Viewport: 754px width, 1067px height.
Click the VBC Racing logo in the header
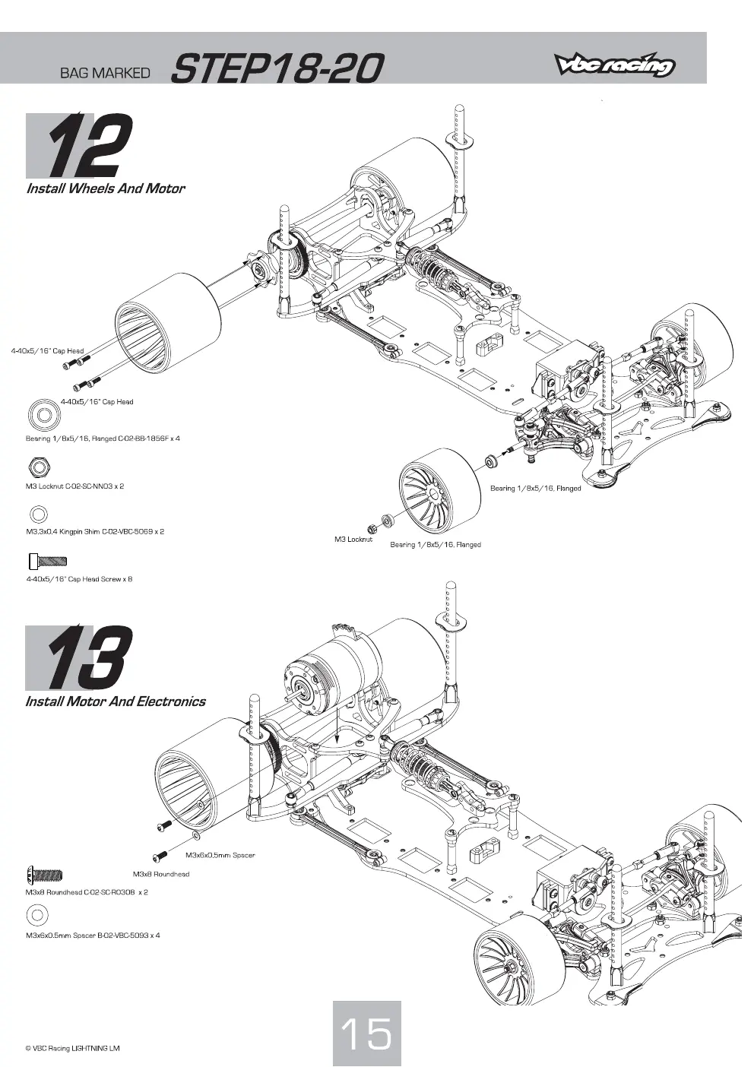pyautogui.click(x=613, y=65)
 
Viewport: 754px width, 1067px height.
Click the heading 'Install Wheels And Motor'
pyautogui.click(x=105, y=188)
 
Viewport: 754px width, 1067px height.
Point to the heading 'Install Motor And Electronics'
pyautogui.click(x=116, y=701)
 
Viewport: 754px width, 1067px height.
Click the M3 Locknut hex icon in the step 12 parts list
pyautogui.click(x=39, y=467)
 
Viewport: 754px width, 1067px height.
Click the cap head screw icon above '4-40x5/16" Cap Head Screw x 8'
pyautogui.click(x=48, y=561)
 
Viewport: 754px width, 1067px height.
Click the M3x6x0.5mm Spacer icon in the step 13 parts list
pyautogui.click(x=38, y=915)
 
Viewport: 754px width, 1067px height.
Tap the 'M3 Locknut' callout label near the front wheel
pyautogui.click(x=353, y=540)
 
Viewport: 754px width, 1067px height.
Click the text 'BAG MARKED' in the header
pyautogui.click(x=105, y=73)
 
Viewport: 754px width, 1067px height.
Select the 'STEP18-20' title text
pyautogui.click(x=276, y=68)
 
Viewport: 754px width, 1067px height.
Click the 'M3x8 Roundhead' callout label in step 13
pyautogui.click(x=161, y=874)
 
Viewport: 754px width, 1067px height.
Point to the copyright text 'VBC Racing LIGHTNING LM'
pyautogui.click(x=72, y=1048)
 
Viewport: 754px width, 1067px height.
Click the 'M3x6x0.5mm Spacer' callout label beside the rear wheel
pyautogui.click(x=220, y=855)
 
